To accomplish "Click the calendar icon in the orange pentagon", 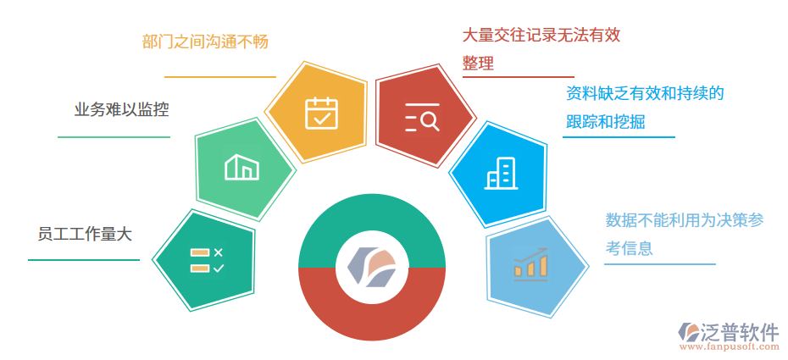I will pos(321,113).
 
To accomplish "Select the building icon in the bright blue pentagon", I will pos(500,174).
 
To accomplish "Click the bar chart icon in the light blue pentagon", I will pos(531,263).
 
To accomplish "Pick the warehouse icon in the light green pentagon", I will pos(241,167).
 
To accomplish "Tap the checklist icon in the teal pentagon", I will pos(206,260).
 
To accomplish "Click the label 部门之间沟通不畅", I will pos(205,42).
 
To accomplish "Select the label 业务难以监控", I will pos(121,109).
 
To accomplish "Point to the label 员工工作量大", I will pos(85,235).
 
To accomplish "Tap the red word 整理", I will pos(478,63).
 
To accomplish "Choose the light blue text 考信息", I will pos(629,248).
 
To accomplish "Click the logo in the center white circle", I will pos(372,266).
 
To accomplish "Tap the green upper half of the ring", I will pos(372,217).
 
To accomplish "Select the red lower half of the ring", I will pos(372,318).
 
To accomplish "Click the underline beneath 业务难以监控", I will pos(114,136).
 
